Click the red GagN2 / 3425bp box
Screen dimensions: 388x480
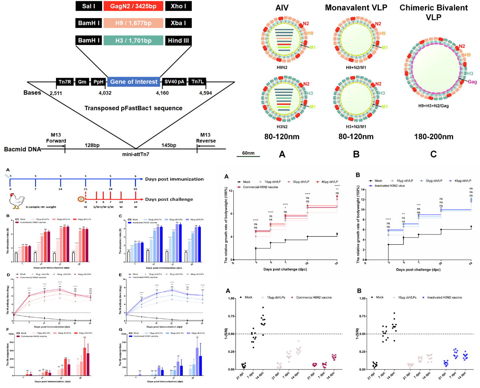133,6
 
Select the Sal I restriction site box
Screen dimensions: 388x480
89,6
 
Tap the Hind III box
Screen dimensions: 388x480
178,40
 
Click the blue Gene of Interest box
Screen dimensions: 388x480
134,82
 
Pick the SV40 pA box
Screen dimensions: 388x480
174,82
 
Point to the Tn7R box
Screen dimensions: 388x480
65,82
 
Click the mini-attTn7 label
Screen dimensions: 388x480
135,154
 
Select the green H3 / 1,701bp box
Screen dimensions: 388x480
133,40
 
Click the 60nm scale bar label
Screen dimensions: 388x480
248,153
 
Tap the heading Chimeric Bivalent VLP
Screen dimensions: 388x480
433,12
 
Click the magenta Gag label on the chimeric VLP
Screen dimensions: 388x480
472,82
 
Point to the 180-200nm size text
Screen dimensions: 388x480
433,137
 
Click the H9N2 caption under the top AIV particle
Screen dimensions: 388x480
282,68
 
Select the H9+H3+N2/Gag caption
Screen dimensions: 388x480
433,106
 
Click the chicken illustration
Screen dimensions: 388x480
17,201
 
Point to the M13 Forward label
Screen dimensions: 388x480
56,138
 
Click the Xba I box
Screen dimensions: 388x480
178,23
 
